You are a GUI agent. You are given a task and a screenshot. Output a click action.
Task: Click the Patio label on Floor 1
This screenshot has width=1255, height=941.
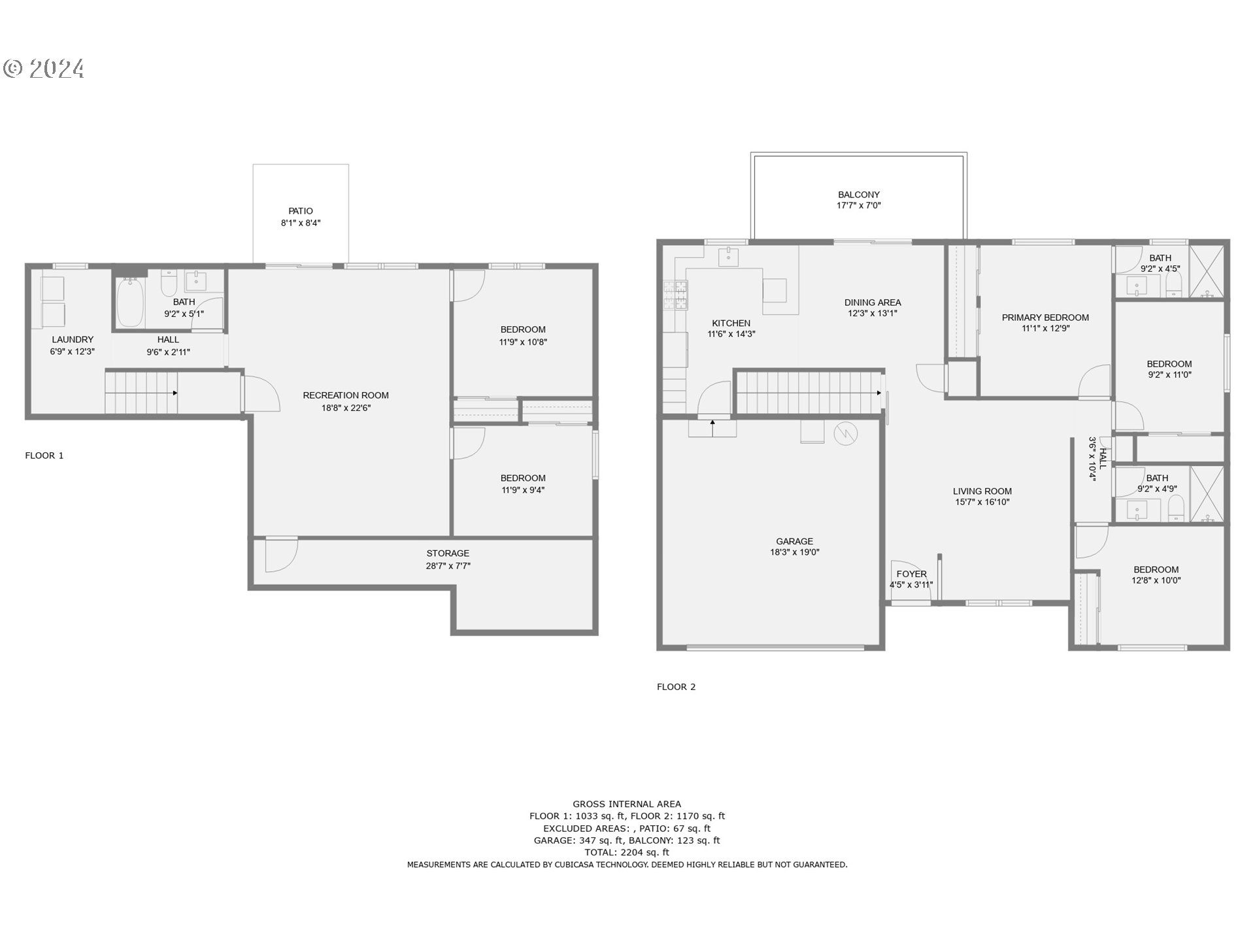click(301, 211)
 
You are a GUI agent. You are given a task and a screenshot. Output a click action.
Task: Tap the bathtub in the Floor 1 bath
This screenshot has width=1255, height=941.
click(131, 303)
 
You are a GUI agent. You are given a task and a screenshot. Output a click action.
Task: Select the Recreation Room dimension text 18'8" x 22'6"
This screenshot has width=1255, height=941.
click(346, 408)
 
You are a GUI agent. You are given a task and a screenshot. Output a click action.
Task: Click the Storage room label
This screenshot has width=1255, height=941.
click(448, 553)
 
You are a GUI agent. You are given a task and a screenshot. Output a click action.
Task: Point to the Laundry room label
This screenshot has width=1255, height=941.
click(73, 339)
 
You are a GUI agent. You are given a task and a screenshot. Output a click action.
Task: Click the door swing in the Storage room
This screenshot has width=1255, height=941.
click(281, 554)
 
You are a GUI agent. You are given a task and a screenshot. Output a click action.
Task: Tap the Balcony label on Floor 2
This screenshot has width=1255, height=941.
click(858, 195)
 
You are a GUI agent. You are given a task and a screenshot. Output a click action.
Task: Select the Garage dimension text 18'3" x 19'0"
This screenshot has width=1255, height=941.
click(794, 552)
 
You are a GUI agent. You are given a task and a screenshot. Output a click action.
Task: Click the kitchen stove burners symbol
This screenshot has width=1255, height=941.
click(676, 294)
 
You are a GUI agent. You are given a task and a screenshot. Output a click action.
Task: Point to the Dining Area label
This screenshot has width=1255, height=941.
click(872, 303)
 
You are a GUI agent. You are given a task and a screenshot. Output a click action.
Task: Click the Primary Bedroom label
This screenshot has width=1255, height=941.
click(1045, 318)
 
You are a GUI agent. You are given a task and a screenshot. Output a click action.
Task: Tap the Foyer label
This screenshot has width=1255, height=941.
click(911, 574)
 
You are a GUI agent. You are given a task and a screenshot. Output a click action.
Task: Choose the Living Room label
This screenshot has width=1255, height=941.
click(982, 491)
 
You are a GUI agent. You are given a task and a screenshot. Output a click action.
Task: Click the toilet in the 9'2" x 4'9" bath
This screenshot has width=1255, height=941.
click(1176, 508)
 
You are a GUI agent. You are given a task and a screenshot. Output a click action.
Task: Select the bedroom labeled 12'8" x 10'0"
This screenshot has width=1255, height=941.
click(1156, 570)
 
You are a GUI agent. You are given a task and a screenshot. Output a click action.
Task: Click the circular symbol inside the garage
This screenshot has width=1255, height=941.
click(845, 433)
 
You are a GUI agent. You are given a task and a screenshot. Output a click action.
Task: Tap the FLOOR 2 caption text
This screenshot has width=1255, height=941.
click(676, 687)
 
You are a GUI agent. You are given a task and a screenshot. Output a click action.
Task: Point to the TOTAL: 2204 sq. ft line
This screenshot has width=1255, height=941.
click(626, 852)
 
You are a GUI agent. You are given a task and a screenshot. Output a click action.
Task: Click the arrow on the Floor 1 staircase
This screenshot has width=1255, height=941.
click(175, 393)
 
